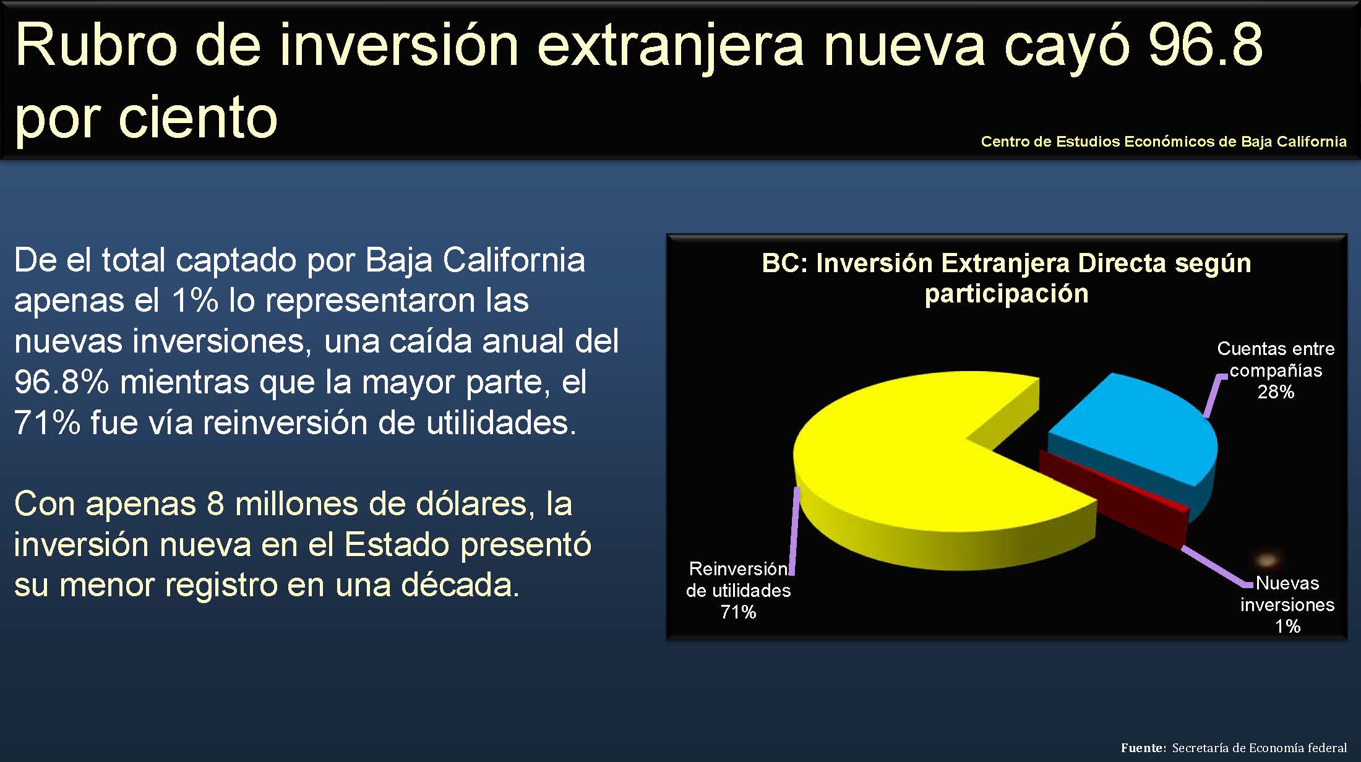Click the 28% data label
tap(1276, 392)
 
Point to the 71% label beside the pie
tap(738, 612)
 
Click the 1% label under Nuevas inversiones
tap(1287, 627)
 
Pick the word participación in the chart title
tap(1007, 294)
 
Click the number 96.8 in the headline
tap(1205, 45)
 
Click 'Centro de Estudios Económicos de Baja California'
tap(1164, 142)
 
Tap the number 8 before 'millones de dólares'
tap(215, 504)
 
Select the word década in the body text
tap(460, 585)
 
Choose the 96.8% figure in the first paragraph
tap(61, 382)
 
